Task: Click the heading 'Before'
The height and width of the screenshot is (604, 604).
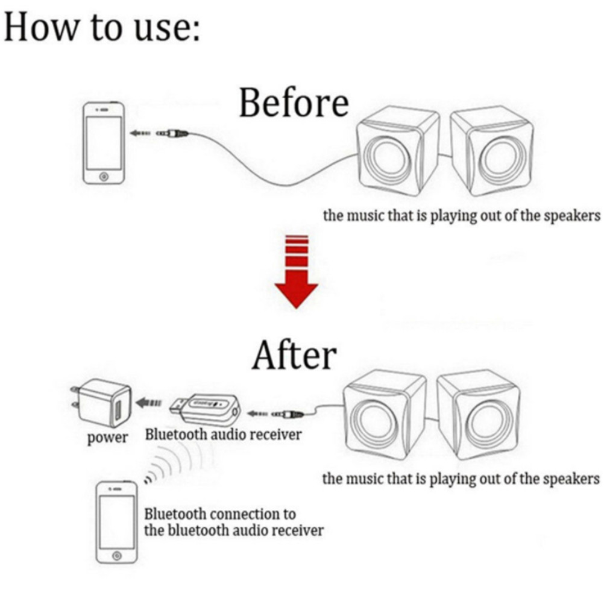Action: [294, 102]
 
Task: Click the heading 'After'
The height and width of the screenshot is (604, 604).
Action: [294, 355]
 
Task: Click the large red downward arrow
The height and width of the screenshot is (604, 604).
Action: [296, 271]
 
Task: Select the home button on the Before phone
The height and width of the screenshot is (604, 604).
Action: [104, 177]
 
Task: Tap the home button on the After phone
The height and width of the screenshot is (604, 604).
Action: [117, 556]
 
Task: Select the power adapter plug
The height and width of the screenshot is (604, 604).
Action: [101, 403]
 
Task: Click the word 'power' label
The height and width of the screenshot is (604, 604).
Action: [107, 438]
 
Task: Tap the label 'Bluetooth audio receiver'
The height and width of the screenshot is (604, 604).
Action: [223, 435]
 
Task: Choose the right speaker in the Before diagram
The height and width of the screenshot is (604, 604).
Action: [492, 151]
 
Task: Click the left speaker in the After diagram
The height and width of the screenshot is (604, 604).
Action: [385, 415]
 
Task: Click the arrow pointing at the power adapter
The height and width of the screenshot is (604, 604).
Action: [149, 403]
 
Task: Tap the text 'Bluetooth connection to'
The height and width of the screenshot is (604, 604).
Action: [220, 514]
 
